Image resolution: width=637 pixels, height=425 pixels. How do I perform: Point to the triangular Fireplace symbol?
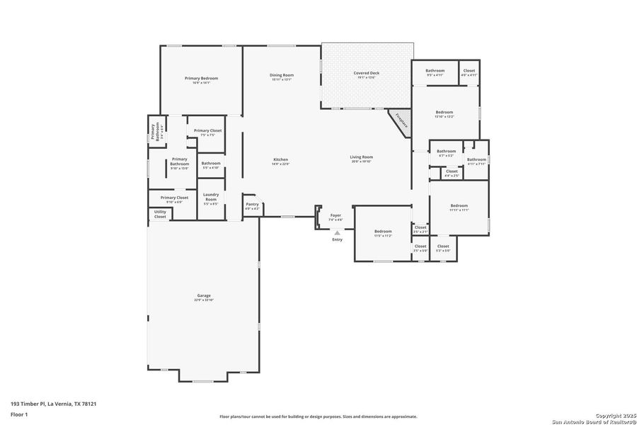point(400,120)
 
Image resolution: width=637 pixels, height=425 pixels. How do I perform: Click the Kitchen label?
point(281,161)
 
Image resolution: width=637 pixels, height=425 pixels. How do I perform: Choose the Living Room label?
point(361,159)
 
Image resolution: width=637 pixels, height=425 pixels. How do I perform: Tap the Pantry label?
point(252,205)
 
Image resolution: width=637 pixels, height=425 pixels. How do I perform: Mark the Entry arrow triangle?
point(337,232)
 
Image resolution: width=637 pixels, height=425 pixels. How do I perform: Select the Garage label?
point(203,297)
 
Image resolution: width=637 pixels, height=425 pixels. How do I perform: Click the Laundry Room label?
point(211,196)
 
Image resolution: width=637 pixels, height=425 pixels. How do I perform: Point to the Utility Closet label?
point(161,214)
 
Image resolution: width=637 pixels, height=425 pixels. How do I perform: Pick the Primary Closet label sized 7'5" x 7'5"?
point(207,132)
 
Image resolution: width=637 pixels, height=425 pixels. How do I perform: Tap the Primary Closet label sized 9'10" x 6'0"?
point(174,199)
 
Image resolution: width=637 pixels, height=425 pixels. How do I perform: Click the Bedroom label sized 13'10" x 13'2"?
point(444,114)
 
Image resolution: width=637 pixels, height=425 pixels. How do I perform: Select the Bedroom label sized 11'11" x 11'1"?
point(459,208)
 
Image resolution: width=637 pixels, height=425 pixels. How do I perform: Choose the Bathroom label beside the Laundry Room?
point(211,164)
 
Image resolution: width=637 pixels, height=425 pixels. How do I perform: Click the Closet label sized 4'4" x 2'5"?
point(452,172)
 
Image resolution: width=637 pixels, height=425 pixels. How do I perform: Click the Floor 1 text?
point(19,414)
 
